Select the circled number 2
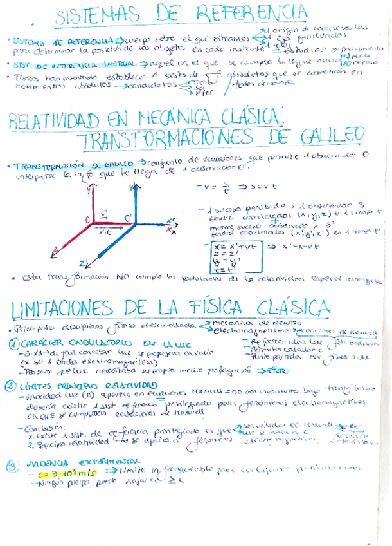click(x=12, y=386)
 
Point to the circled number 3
click(x=12, y=465)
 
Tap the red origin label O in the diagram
click(x=87, y=220)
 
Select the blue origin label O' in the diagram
click(x=129, y=220)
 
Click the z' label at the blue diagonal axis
click(x=84, y=263)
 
